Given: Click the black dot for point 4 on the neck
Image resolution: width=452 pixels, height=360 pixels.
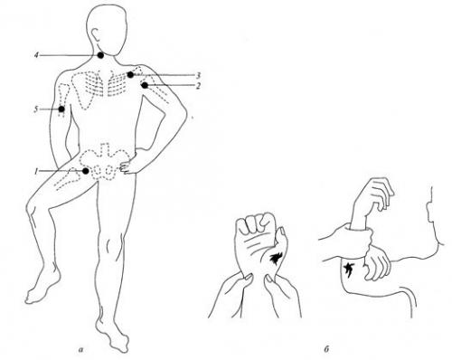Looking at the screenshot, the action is click(100, 55).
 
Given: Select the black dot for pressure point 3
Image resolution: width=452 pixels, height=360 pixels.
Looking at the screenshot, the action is click(130, 75).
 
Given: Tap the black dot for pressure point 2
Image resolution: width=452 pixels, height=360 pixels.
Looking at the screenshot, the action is click(145, 85).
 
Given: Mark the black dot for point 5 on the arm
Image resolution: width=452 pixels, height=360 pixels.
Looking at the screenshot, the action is click(61, 109).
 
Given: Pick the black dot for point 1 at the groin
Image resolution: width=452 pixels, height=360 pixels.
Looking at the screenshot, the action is click(86, 171).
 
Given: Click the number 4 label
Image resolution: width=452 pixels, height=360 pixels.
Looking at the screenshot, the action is click(36, 55).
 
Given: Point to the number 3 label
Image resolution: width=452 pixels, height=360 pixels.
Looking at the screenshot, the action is click(198, 75).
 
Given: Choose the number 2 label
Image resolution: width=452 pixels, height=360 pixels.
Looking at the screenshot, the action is click(198, 86).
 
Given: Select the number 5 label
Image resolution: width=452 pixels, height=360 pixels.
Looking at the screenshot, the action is click(36, 109).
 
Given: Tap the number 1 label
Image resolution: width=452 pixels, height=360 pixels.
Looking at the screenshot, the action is click(36, 172).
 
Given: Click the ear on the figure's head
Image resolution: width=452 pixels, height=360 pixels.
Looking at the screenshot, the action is click(96, 35).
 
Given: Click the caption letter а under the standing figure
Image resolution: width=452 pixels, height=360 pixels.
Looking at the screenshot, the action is click(80, 350).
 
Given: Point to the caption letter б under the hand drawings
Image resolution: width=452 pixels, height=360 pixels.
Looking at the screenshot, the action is click(326, 349).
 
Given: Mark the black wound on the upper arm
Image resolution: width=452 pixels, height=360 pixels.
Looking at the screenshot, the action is click(349, 270).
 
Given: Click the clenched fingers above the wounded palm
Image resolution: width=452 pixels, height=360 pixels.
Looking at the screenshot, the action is click(256, 223).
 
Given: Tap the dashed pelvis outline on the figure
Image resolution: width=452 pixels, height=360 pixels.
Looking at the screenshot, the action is click(105, 163).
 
